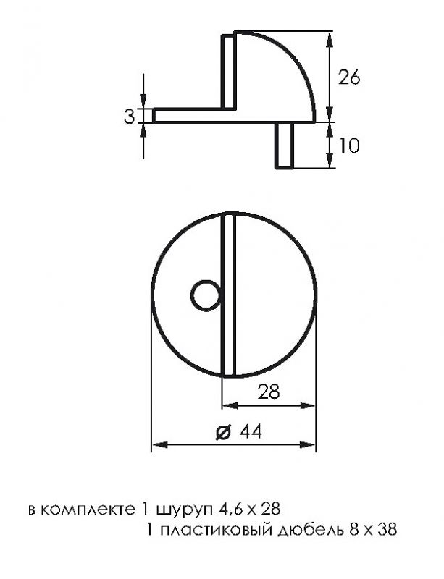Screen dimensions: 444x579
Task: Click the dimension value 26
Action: pyautogui.click(x=349, y=77)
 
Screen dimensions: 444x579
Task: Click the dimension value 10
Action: pyautogui.click(x=348, y=145)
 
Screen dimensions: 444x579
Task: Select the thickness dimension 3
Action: pyautogui.click(x=129, y=117)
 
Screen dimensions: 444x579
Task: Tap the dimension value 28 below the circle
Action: pyautogui.click(x=269, y=392)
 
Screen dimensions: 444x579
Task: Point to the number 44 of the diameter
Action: pyautogui.click(x=251, y=431)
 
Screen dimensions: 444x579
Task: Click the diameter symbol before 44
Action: pyautogui.click(x=224, y=431)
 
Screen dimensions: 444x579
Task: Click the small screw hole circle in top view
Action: pyautogui.click(x=206, y=295)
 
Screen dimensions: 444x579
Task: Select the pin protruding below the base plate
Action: pyautogui.click(x=285, y=145)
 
